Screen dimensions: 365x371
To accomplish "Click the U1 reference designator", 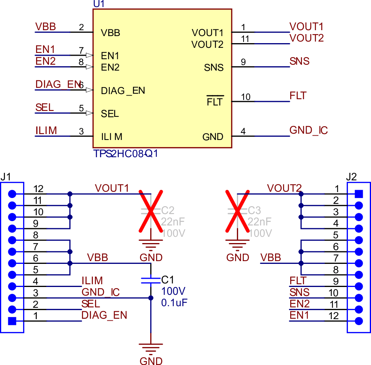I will click(x=99, y=4).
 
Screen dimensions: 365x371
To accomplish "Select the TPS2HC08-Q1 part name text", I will click(x=125, y=153).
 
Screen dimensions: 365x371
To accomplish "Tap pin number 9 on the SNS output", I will click(x=243, y=62).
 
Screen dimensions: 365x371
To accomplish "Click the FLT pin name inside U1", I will click(x=215, y=102).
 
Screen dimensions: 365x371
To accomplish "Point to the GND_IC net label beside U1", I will click(x=308, y=130).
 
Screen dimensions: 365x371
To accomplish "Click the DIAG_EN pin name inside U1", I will click(x=123, y=91).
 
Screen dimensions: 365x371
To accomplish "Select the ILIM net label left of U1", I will click(x=46, y=130).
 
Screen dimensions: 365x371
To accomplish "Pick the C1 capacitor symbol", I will click(x=151, y=280).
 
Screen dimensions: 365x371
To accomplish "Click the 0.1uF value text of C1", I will click(x=175, y=303).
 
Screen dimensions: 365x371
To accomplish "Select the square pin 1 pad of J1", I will click(x=12, y=321).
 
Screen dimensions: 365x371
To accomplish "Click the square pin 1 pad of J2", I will click(x=358, y=194).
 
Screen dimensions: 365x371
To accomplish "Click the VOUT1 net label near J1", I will click(x=112, y=188).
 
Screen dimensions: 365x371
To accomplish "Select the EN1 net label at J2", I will click(x=299, y=315).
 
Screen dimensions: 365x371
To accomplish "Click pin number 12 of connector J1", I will click(x=38, y=189).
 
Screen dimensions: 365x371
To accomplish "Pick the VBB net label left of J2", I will click(x=271, y=258).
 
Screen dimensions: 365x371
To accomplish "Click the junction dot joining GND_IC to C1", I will click(x=151, y=298).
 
